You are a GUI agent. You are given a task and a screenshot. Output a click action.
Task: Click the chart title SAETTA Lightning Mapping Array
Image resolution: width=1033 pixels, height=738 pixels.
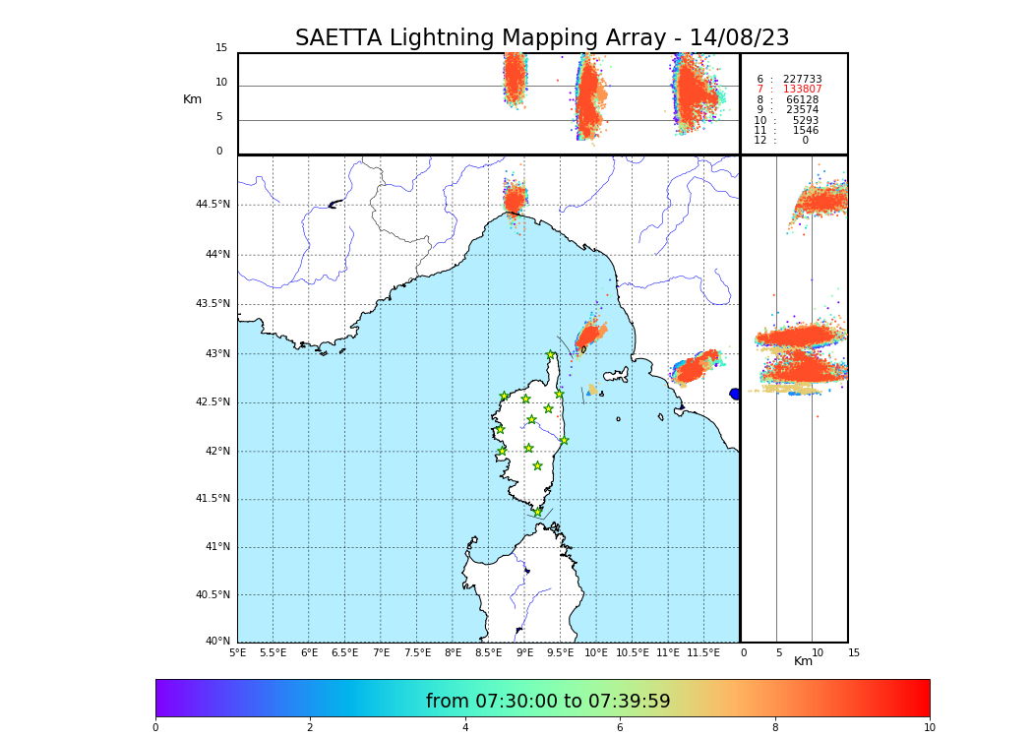click(x=542, y=38)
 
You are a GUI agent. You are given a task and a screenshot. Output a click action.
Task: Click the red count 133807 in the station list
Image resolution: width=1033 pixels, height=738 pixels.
click(x=802, y=90)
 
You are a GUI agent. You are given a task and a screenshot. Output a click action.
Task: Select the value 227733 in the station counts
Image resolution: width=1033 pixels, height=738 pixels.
click(x=802, y=80)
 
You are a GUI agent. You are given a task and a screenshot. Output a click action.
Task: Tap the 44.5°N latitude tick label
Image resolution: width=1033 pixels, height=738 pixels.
click(x=213, y=205)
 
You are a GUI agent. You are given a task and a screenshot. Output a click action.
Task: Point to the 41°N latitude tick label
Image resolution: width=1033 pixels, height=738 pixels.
click(x=216, y=547)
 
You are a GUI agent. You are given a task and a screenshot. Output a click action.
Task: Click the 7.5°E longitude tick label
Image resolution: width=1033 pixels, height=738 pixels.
click(x=417, y=652)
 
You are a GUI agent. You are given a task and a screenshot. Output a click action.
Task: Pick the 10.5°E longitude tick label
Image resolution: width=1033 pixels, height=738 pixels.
click(x=633, y=652)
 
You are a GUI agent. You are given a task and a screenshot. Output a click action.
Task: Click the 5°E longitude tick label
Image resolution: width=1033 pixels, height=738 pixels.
click(x=238, y=652)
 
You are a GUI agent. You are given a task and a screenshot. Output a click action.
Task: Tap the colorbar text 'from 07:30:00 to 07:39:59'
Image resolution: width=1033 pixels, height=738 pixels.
click(x=548, y=702)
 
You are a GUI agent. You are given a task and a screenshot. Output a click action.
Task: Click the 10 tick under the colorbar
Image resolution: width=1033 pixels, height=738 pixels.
click(x=929, y=728)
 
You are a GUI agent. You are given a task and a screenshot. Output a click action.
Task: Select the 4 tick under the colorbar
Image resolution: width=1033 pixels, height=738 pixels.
click(x=465, y=728)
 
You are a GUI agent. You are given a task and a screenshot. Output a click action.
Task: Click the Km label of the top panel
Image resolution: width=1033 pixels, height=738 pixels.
click(x=192, y=99)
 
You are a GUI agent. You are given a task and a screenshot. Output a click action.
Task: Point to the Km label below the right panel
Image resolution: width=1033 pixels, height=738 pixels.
click(x=803, y=661)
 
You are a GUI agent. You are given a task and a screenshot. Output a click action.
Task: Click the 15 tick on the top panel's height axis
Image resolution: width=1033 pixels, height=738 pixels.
click(x=221, y=48)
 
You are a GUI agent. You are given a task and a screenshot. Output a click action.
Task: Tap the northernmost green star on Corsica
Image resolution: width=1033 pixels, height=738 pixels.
click(x=551, y=355)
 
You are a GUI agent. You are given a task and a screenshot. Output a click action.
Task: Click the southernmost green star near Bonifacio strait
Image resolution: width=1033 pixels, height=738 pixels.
click(x=537, y=512)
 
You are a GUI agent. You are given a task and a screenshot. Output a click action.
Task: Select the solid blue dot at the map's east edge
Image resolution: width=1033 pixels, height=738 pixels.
click(x=735, y=394)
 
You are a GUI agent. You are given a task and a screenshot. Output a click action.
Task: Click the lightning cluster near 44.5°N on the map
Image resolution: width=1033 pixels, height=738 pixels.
click(x=515, y=201)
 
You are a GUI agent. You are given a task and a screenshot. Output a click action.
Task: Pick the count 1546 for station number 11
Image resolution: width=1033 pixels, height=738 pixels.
click(x=805, y=131)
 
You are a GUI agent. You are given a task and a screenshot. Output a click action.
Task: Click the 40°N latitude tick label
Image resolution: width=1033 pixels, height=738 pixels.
click(x=216, y=642)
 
